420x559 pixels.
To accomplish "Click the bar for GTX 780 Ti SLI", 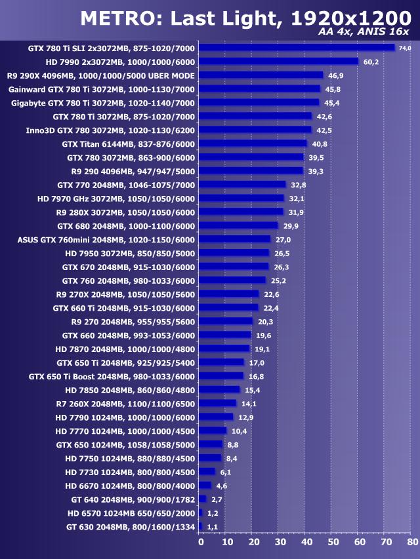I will click(x=297, y=47).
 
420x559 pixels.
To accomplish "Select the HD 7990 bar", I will click(x=278, y=61).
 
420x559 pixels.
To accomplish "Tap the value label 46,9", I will click(x=335, y=75).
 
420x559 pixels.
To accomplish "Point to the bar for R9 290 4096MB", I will click(x=251, y=171).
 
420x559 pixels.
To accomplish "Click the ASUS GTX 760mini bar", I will click(x=234, y=239).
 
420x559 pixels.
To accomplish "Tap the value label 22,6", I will click(x=270, y=294).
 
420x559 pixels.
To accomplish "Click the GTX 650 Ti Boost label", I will click(x=112, y=376).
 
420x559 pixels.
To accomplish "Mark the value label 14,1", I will click(x=248, y=404).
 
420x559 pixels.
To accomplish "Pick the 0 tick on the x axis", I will click(x=200, y=542).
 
